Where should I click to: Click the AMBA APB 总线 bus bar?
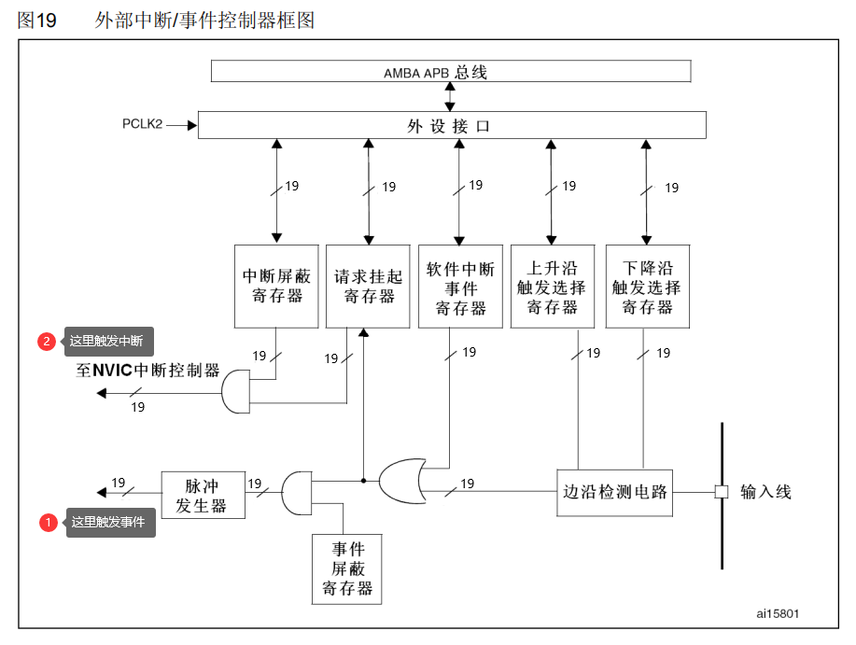[451, 71]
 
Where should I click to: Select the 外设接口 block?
[451, 125]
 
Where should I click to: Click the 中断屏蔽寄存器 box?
[276, 286]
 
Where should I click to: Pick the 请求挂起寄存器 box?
[368, 286]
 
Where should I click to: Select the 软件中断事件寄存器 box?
[459, 286]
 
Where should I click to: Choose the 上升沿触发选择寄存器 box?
[552, 286]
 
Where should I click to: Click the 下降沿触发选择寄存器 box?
[646, 286]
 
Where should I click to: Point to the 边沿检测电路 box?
[615, 492]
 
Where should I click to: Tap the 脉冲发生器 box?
[203, 495]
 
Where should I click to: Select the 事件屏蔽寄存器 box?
[347, 568]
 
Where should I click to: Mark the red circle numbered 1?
[48, 523]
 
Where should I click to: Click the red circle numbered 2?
[46, 342]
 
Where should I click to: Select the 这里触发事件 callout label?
[108, 523]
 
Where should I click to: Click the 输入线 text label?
[765, 492]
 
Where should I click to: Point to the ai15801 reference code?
[778, 613]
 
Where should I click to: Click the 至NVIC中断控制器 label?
[148, 370]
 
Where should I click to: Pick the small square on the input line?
[721, 492]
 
